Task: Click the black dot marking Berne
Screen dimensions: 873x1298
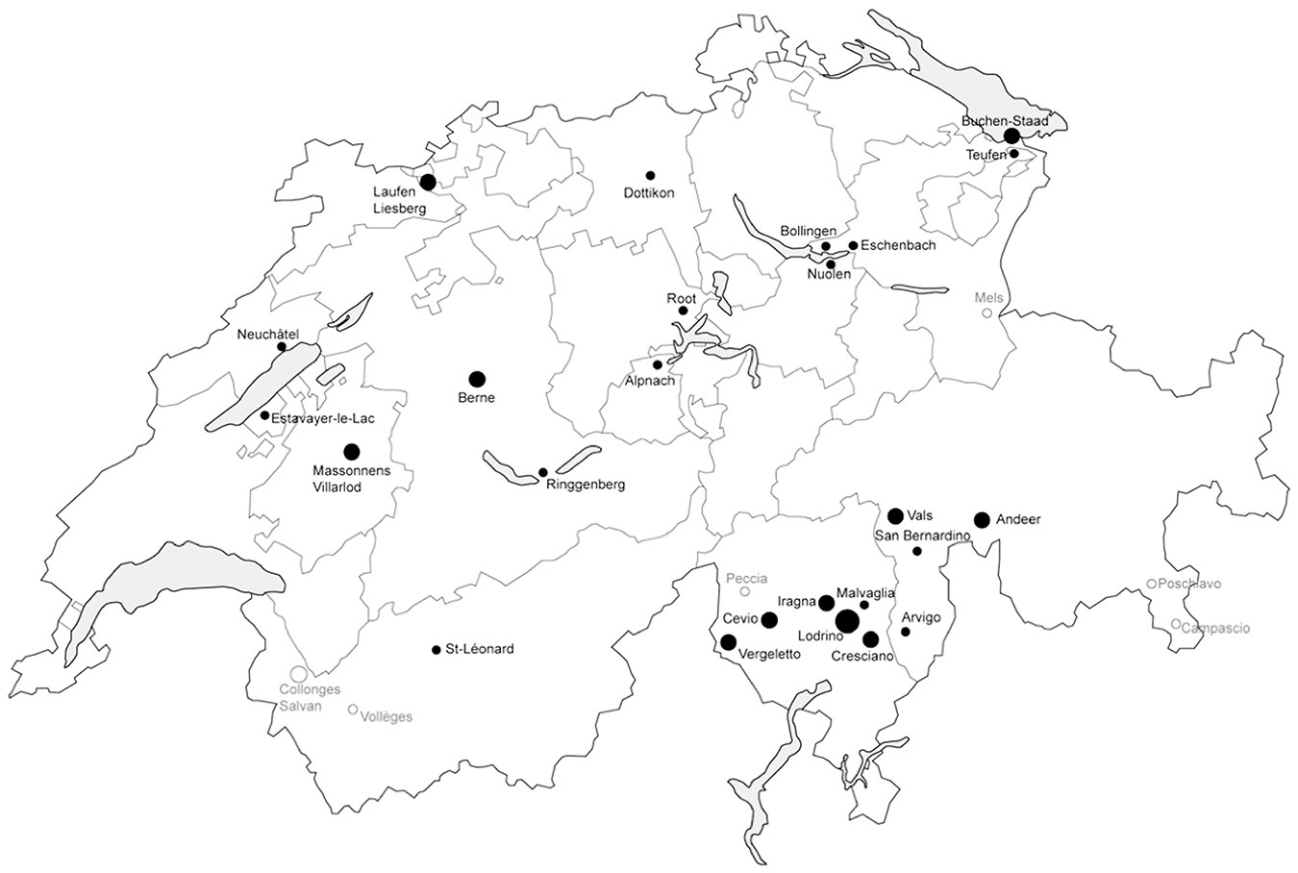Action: point(477,379)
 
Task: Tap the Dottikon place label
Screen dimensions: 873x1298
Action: point(649,192)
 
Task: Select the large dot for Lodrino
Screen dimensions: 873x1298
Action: point(846,621)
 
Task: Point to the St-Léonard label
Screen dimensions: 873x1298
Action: point(481,649)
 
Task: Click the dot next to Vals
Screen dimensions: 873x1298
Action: point(895,516)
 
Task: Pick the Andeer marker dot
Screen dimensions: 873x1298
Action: point(982,520)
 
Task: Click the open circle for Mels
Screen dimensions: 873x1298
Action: point(986,313)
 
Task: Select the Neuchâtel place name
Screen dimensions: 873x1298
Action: point(268,335)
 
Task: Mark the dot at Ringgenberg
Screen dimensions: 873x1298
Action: point(543,472)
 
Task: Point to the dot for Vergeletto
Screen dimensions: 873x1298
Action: point(728,642)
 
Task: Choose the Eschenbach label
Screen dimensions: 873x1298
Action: point(898,245)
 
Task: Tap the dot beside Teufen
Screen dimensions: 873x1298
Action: point(1014,154)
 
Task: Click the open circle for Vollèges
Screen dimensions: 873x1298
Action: point(353,710)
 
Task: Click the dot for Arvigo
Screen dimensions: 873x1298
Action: point(906,632)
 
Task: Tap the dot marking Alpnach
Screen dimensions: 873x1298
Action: point(658,365)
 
